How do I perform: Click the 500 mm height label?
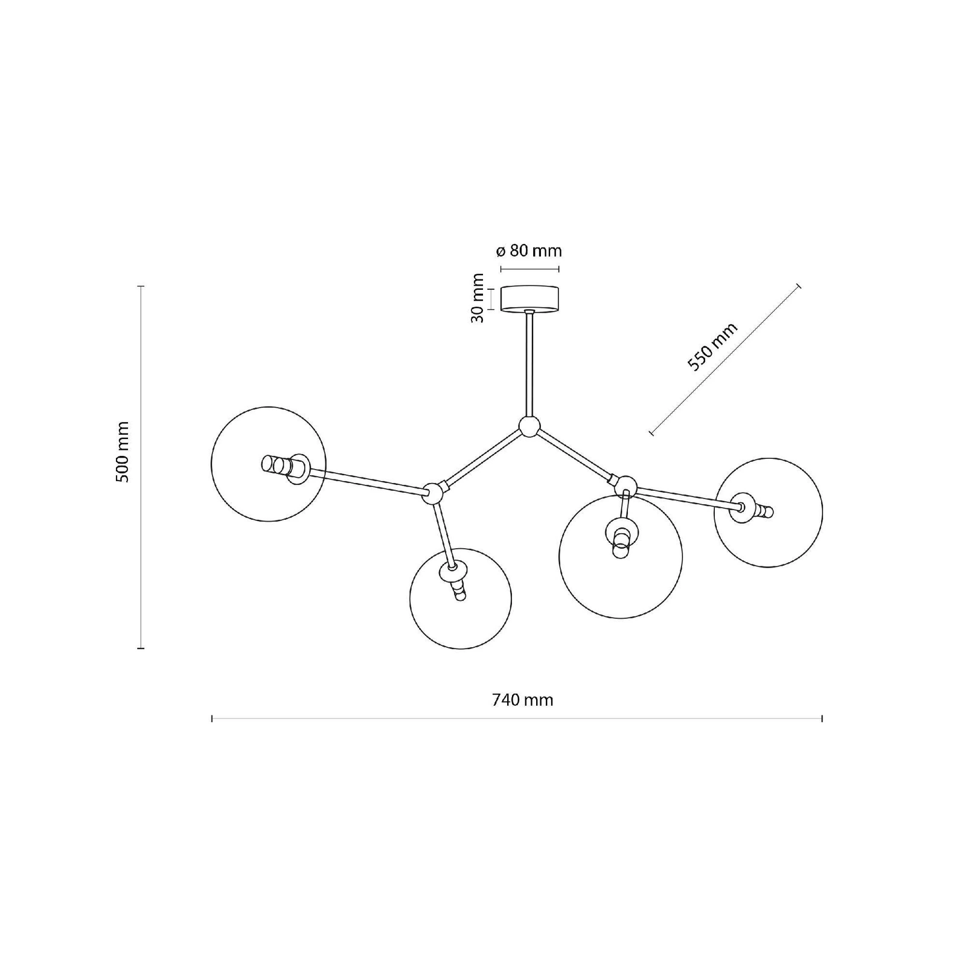click(x=123, y=452)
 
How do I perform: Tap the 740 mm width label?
click(x=522, y=700)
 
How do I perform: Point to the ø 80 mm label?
click(x=528, y=250)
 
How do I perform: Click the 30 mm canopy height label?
click(x=478, y=298)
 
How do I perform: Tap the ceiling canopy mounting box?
click(x=530, y=299)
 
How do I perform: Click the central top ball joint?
click(x=529, y=426)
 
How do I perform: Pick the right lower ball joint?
click(x=625, y=485)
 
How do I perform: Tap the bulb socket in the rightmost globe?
click(x=751, y=508)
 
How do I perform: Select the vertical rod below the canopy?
click(x=529, y=364)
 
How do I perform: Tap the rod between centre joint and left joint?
click(x=481, y=458)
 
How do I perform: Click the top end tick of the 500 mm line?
click(x=141, y=286)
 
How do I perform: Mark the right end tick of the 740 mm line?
click(x=822, y=718)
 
